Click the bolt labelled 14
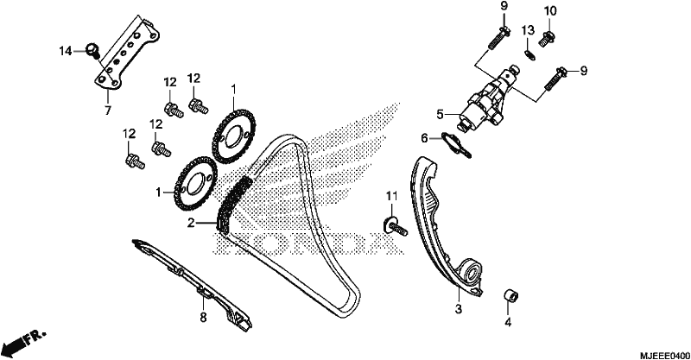pyautogui.click(x=93, y=50)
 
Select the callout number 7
pyautogui.click(x=108, y=111)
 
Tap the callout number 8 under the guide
pyautogui.click(x=203, y=317)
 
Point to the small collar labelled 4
pyautogui.click(x=511, y=295)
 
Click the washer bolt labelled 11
pyautogui.click(x=396, y=226)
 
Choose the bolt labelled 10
pyautogui.click(x=547, y=39)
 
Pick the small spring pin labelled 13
pyautogui.click(x=530, y=55)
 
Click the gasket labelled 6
pyautogui.click(x=457, y=144)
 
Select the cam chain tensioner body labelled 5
pyautogui.click(x=489, y=98)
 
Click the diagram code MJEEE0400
pyautogui.click(x=665, y=355)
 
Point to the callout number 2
pyautogui.click(x=191, y=224)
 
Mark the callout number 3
pyautogui.click(x=459, y=309)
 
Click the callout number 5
pyautogui.click(x=440, y=115)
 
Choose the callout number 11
pyautogui.click(x=392, y=195)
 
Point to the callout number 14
pyautogui.click(x=66, y=52)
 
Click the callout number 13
pyautogui.click(x=528, y=30)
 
